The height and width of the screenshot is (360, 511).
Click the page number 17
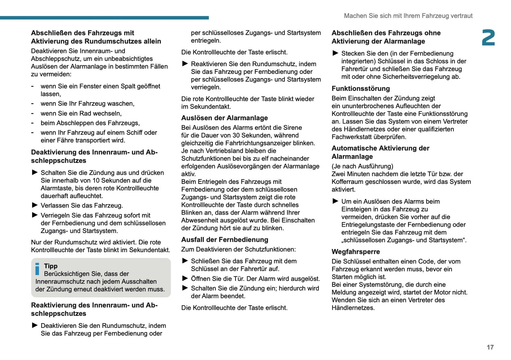(x=490, y=347)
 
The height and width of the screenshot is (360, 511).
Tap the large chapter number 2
(x=488, y=38)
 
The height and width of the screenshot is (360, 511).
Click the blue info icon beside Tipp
(x=37, y=269)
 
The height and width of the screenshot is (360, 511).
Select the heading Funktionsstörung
(x=361, y=89)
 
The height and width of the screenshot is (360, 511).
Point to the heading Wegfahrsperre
(x=356, y=252)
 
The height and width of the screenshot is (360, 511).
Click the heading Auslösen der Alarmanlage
(x=225, y=118)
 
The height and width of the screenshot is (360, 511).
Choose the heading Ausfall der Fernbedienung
(x=225, y=240)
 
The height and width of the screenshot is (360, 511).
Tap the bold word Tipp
(x=51, y=266)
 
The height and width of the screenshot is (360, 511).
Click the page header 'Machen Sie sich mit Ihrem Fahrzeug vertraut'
(x=408, y=16)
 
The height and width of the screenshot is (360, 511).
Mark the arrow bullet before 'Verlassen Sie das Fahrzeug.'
(x=35, y=205)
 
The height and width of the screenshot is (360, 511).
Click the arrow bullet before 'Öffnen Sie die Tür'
(x=185, y=278)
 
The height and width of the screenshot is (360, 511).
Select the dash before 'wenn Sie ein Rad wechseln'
(x=33, y=113)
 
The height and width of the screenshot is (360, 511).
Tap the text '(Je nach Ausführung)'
(x=362, y=166)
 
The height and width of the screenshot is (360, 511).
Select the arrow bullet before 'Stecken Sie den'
(x=335, y=53)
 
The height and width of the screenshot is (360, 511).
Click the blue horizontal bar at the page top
(x=104, y=17)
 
